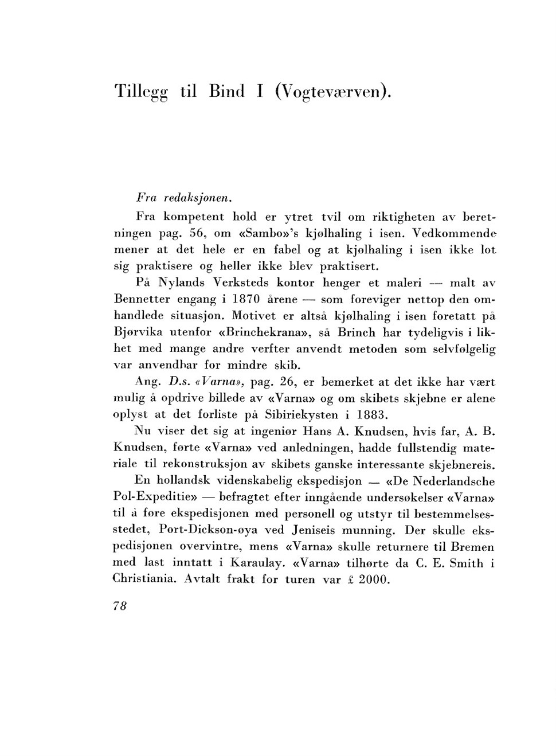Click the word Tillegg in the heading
[141, 92]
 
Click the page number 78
[120, 606]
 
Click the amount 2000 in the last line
[374, 579]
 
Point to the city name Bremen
[472, 547]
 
